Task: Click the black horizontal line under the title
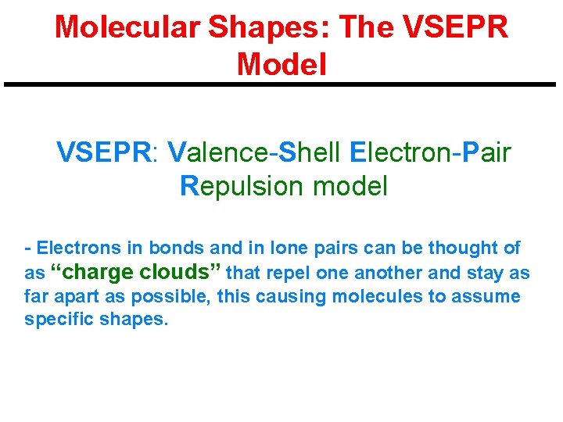tap(281, 84)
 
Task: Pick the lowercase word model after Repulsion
tap(350, 186)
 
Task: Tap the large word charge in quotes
tap(98, 272)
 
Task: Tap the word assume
tap(490, 297)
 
